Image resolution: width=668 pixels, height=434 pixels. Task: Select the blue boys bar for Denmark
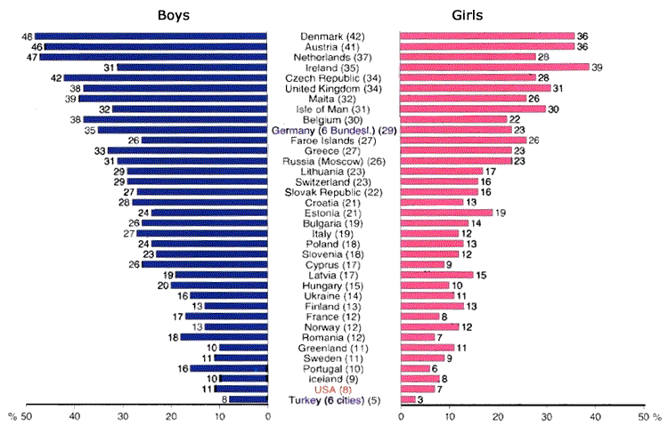151,36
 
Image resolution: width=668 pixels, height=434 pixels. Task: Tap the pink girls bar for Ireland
494,67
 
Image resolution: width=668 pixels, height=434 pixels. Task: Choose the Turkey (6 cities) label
335,400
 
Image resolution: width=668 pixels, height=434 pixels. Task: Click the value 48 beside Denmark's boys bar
28,36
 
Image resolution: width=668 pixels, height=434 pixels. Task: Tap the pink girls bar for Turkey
408,400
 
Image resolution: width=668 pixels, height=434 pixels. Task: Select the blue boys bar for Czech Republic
166,77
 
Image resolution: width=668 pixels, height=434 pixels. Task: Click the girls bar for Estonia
446,213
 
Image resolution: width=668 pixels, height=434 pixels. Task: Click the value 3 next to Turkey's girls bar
420,400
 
